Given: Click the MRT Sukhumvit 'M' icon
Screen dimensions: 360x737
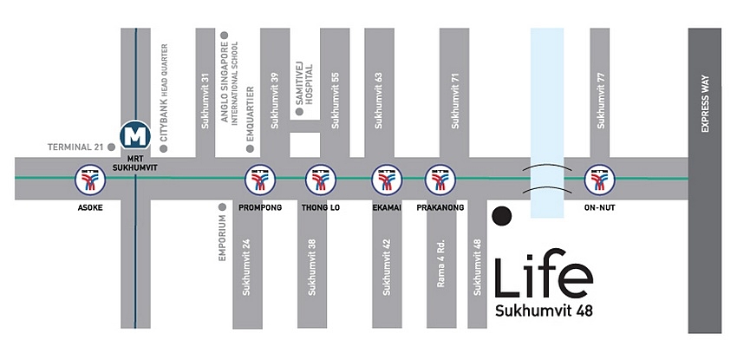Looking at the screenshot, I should [134, 135].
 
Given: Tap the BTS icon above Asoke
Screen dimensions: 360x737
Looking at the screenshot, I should [88, 178].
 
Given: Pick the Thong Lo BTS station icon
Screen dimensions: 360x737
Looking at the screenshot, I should [320, 178].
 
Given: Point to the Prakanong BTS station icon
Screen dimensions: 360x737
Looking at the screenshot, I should [440, 178].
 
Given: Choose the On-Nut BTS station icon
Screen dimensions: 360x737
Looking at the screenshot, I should [598, 178].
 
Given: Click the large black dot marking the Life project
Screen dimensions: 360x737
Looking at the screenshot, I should [501, 215].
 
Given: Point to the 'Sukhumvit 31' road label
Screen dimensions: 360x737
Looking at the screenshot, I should [205, 101].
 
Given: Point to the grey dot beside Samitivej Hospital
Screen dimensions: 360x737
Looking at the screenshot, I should [300, 111].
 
